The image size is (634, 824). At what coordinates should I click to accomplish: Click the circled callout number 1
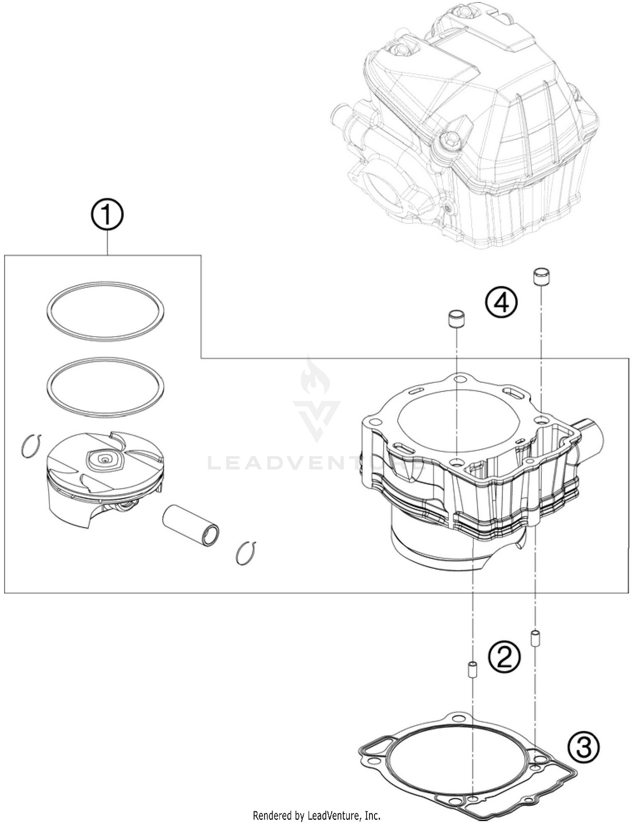pyautogui.click(x=107, y=215)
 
